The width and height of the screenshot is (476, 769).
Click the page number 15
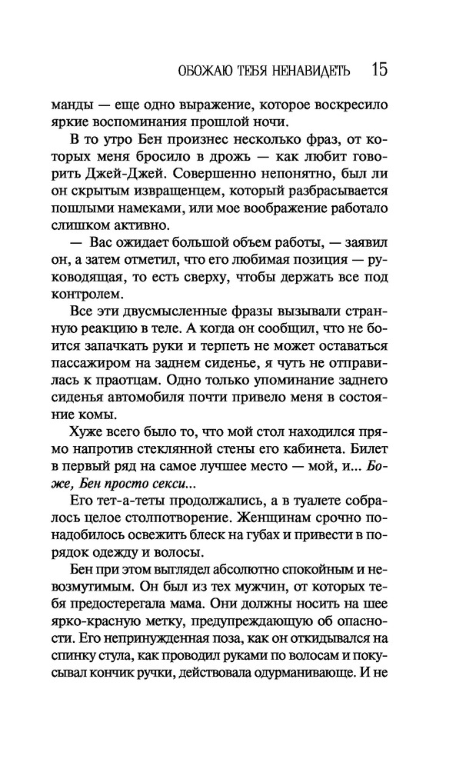379,70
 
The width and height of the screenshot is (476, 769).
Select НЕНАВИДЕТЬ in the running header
311,72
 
